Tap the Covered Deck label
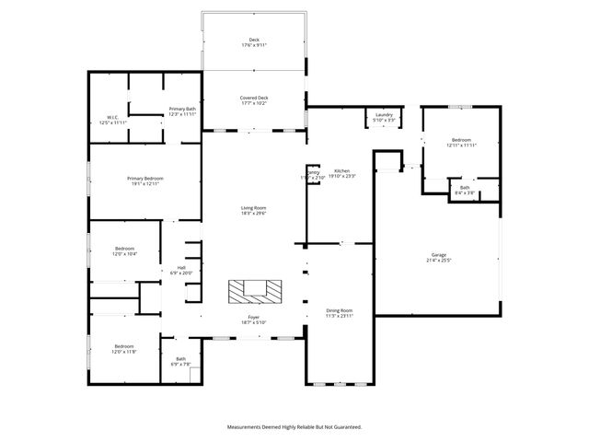coord(254,100)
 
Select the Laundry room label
coord(384,117)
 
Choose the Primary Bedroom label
coord(145,180)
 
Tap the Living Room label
coord(254,210)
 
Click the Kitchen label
coord(342,173)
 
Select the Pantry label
coord(313,175)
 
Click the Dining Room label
coord(340,313)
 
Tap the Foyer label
coord(253,319)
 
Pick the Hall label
coord(181,271)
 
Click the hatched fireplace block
coord(254,291)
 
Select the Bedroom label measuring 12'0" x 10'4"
coord(124,250)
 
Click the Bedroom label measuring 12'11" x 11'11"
coord(461,143)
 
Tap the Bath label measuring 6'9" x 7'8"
coord(180,361)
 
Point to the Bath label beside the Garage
coord(465,190)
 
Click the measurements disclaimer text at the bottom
coord(294,427)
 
